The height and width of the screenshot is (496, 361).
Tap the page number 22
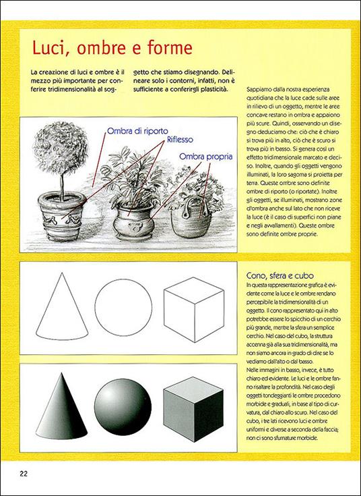(x=23, y=473)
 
